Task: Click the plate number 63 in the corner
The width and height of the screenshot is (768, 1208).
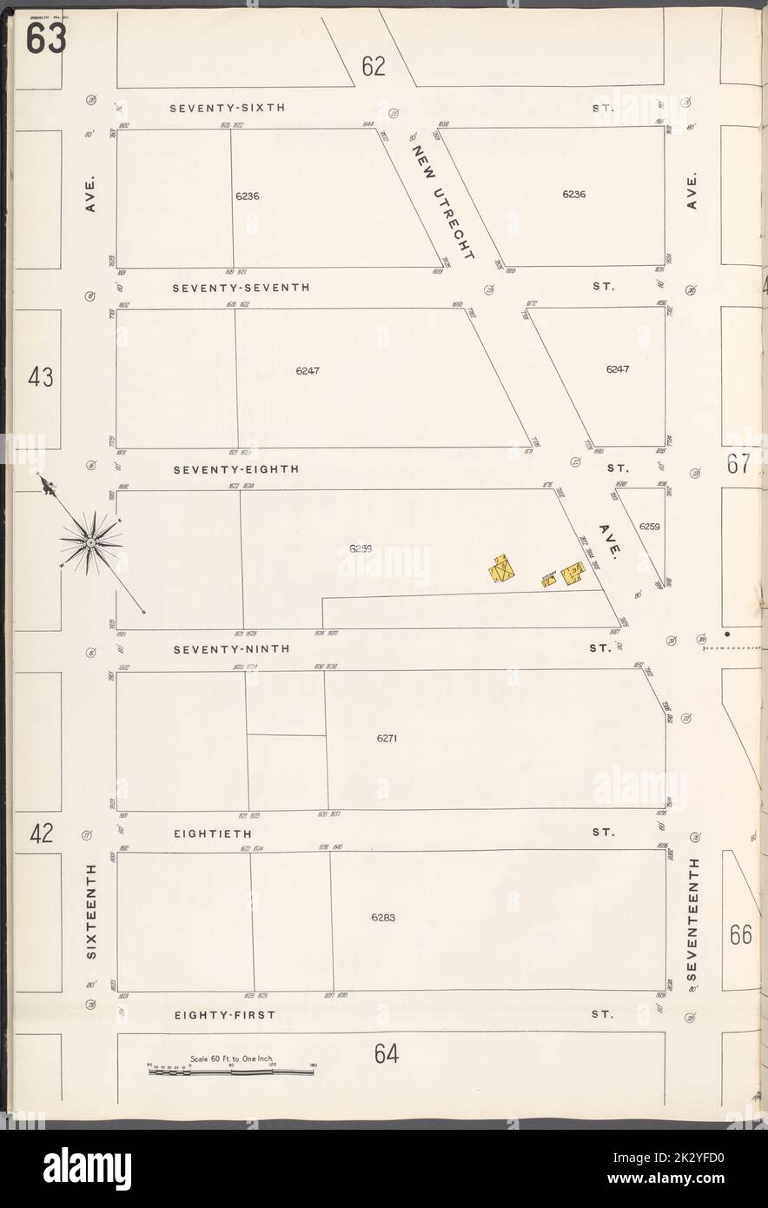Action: pos(45,38)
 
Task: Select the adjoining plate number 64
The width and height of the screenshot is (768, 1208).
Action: pos(387,1053)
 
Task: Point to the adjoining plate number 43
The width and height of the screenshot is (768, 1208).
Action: pos(40,377)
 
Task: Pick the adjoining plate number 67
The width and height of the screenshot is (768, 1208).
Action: pos(738,464)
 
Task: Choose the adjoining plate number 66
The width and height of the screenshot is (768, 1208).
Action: pos(740,934)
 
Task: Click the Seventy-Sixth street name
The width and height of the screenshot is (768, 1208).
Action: pos(227,109)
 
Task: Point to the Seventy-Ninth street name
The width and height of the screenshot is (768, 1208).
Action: pos(230,648)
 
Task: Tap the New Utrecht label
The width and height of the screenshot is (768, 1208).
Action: pos(443,202)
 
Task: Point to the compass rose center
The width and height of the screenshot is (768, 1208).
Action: pos(89,544)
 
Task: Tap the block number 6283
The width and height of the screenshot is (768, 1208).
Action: pos(382,917)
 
